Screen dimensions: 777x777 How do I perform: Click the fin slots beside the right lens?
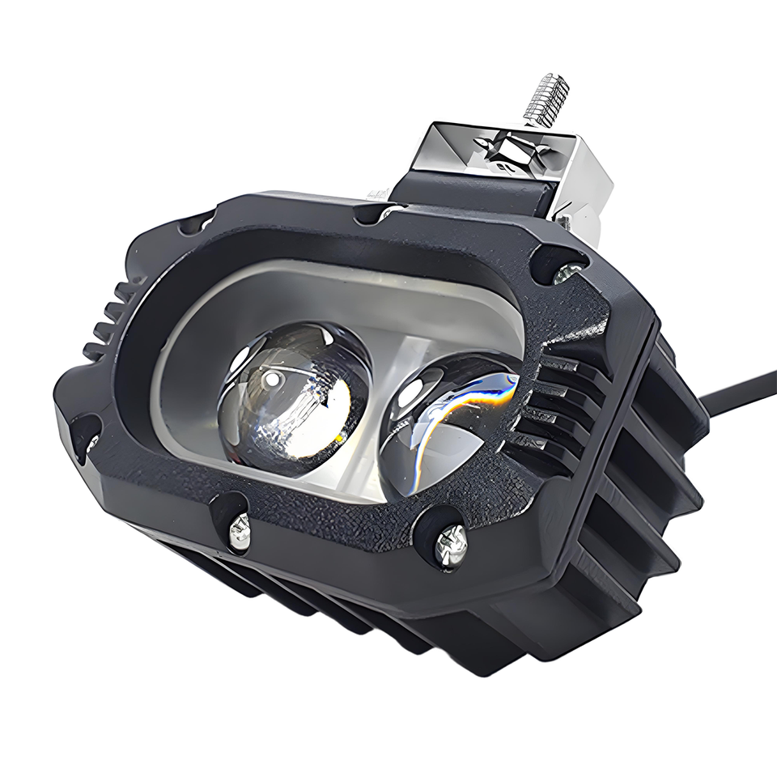[558, 405]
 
